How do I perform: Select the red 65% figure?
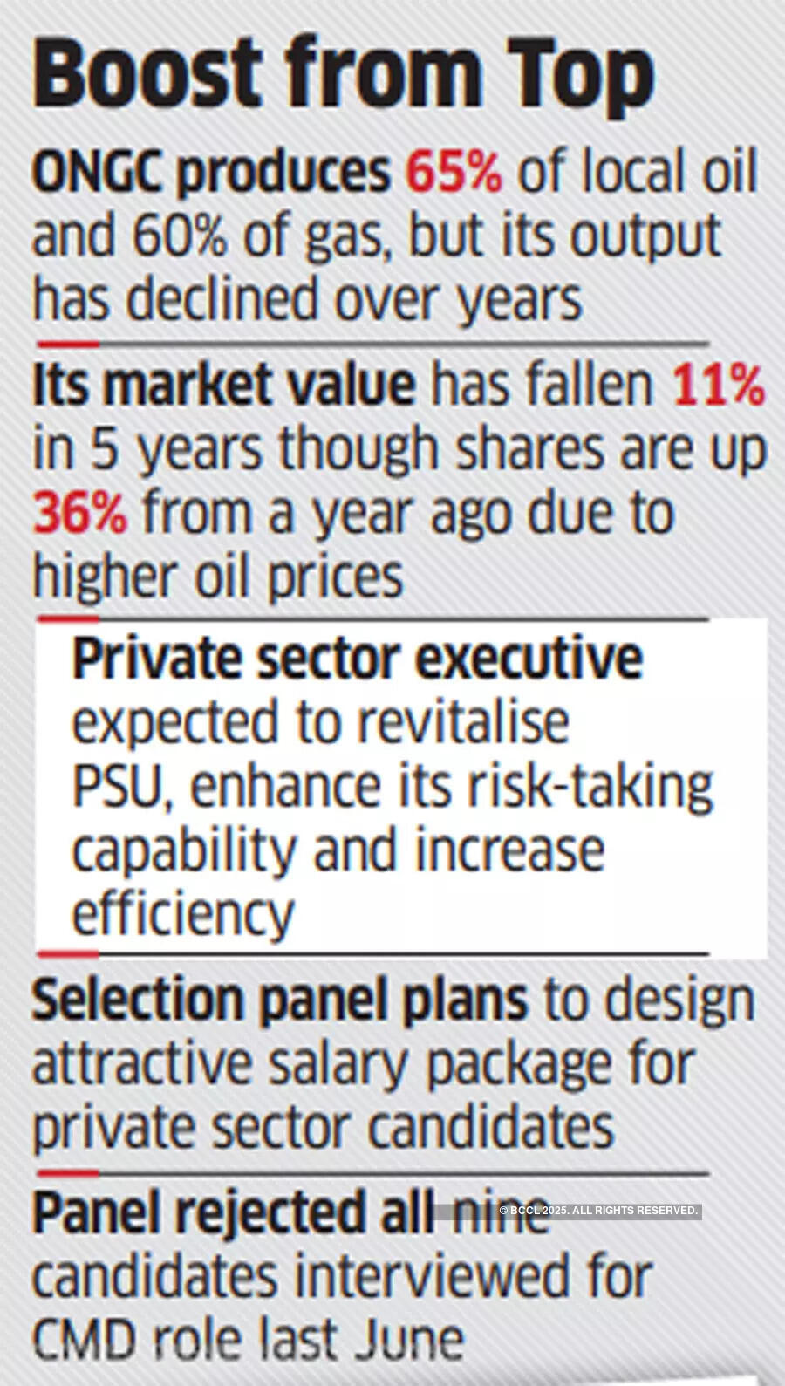click(x=454, y=172)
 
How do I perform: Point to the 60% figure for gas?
click(x=180, y=236)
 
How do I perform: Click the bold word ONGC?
click(x=97, y=173)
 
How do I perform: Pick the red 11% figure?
click(x=718, y=385)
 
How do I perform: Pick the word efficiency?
click(x=183, y=915)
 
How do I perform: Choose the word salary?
click(x=339, y=1064)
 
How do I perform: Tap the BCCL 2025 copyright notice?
click(x=598, y=1211)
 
